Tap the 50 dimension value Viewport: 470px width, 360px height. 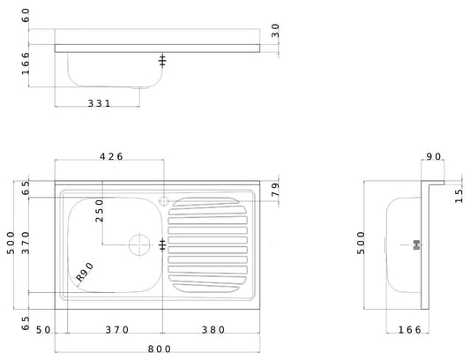coord(41,329)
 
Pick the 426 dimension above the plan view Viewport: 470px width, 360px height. coord(111,156)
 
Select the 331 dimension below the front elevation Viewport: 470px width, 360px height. coord(99,103)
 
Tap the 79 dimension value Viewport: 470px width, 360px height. coord(274,189)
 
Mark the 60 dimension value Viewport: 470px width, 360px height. coord(26,16)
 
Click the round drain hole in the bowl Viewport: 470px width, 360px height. coord(138,244)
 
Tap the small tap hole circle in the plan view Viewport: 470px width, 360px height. coord(163,199)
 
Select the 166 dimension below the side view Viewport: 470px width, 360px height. coord(408,329)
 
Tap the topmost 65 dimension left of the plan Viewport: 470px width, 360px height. coord(26,188)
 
